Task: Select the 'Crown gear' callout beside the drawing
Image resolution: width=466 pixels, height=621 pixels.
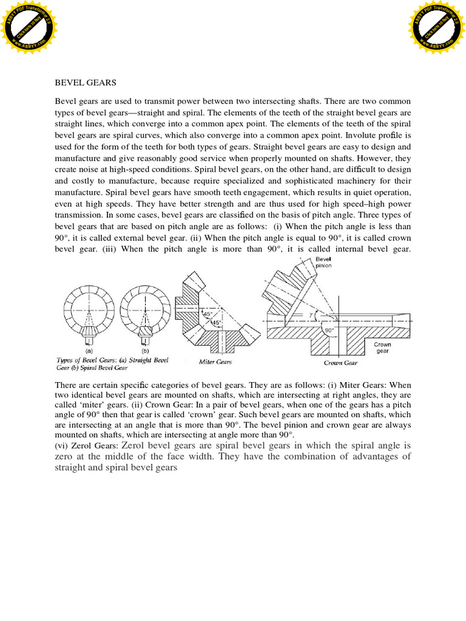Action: coord(383,347)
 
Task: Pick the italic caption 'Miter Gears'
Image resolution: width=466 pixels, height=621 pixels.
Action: coord(217,361)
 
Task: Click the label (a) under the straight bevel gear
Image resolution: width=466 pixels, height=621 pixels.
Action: coord(89,351)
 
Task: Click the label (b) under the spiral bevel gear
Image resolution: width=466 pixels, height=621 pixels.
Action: coord(145,351)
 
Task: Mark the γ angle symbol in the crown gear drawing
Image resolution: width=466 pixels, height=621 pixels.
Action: coord(310,315)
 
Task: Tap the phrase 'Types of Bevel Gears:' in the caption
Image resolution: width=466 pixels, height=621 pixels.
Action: coord(87,360)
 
